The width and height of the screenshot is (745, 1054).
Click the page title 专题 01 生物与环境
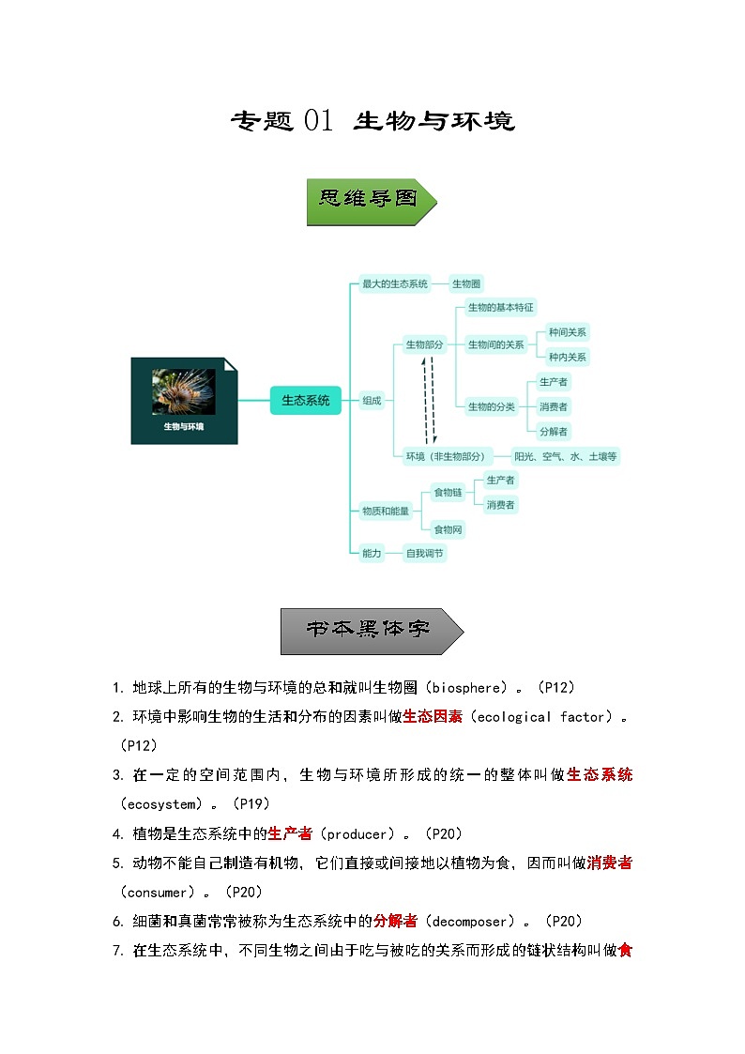[x=372, y=121]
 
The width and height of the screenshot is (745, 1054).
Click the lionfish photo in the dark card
[x=184, y=391]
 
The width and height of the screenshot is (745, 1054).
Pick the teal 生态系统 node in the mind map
[x=306, y=400]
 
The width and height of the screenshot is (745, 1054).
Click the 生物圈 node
[x=466, y=283]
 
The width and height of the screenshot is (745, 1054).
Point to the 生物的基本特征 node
[x=500, y=307]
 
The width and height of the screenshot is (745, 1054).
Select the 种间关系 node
[x=568, y=332]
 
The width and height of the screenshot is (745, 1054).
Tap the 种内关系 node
[x=568, y=357]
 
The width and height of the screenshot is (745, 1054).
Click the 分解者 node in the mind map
[x=554, y=431]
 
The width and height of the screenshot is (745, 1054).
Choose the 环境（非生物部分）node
[x=446, y=456]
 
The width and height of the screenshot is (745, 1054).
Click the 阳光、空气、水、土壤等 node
[x=566, y=456]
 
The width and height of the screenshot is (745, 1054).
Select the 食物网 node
[x=447, y=529]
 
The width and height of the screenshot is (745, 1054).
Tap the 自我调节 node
[x=424, y=554]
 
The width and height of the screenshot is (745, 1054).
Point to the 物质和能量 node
[x=386, y=511]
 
